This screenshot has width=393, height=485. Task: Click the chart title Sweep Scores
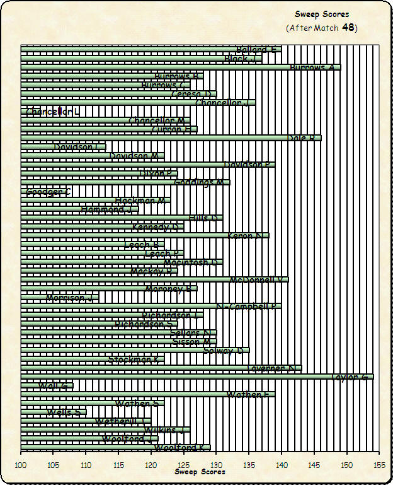[x=322, y=14]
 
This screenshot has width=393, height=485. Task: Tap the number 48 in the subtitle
[x=348, y=28]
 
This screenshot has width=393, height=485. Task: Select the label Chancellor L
[x=53, y=112]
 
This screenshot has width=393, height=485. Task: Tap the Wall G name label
[x=53, y=386]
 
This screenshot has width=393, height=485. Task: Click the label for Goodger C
[x=48, y=191]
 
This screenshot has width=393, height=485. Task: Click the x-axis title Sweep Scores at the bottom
[x=200, y=472]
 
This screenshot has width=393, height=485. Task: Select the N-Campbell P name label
[x=247, y=307]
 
